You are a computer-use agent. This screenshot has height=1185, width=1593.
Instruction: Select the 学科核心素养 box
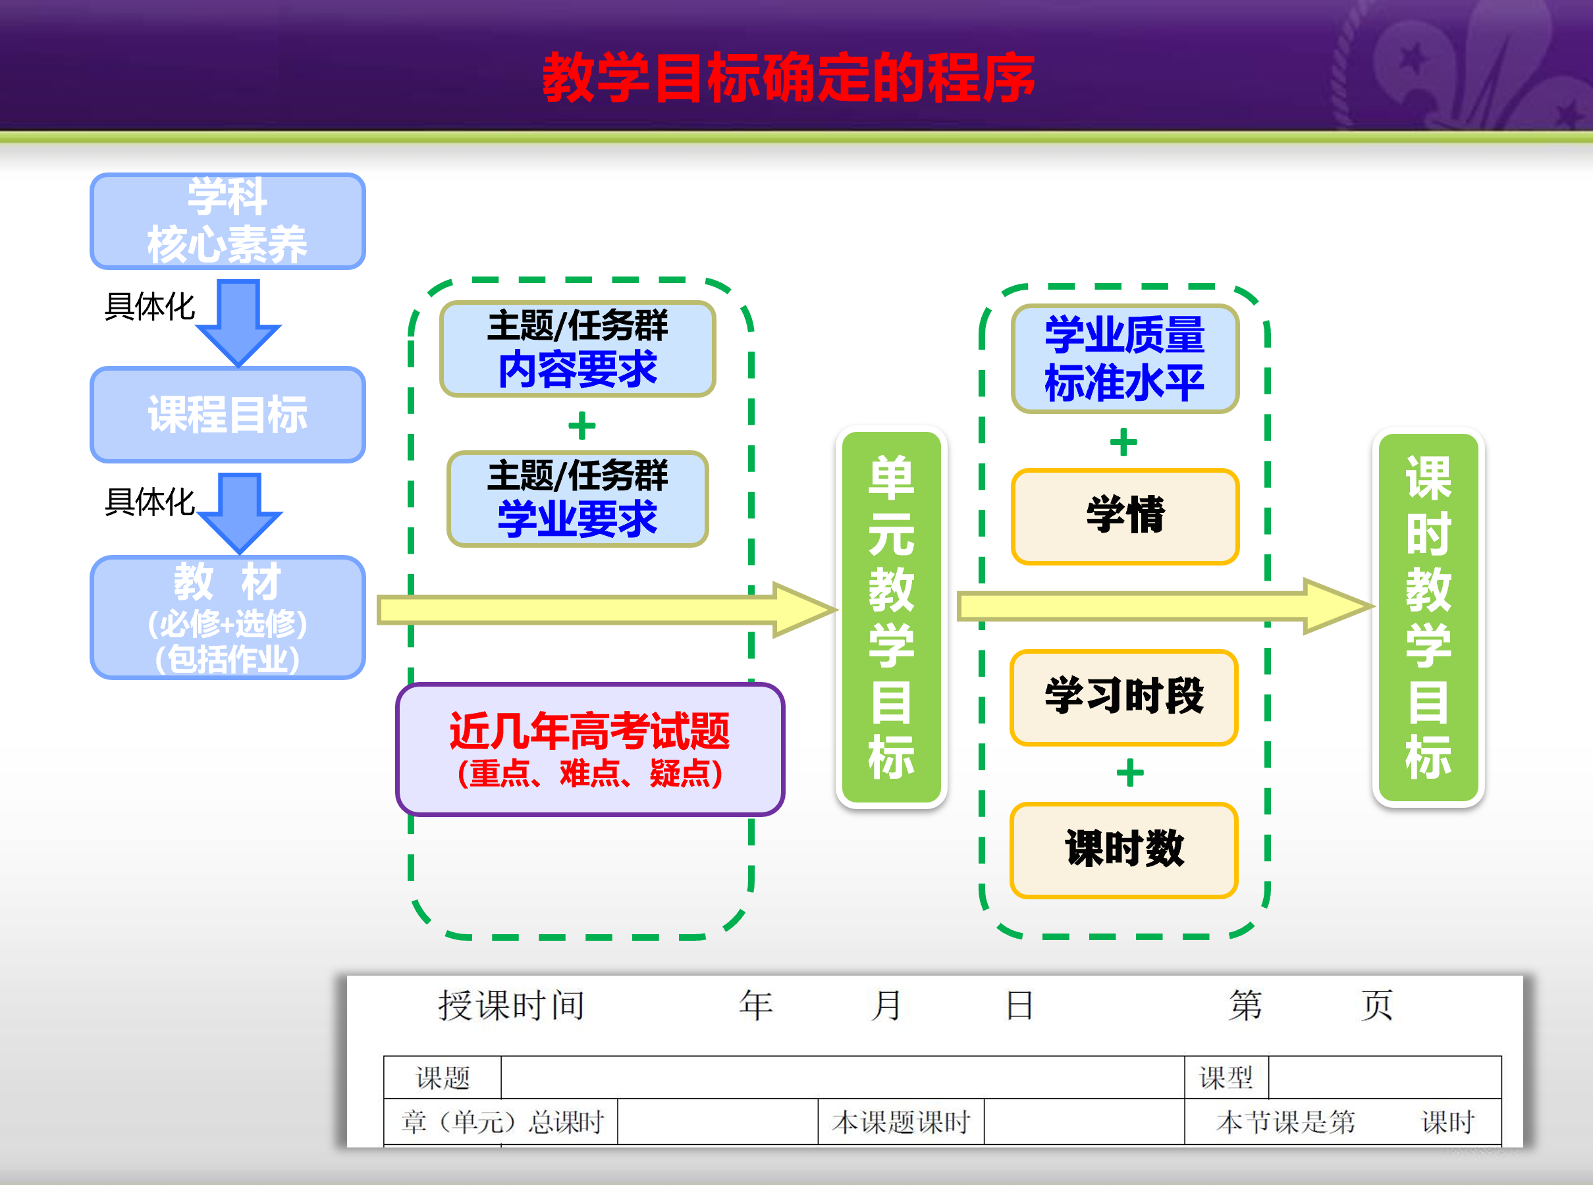[x=227, y=221]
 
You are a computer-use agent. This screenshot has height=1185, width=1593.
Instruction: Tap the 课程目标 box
[x=227, y=415]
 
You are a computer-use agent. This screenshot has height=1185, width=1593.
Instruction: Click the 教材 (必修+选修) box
[x=227, y=618]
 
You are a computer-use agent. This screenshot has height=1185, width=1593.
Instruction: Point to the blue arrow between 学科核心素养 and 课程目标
[x=238, y=323]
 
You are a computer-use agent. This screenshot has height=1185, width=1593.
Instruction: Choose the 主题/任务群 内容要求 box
[x=578, y=349]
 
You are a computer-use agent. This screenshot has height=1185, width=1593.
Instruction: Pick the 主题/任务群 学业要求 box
[x=578, y=498]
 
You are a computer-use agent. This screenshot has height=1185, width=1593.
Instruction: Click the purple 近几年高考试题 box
[x=590, y=750]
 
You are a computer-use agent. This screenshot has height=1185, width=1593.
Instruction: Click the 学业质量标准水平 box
[x=1124, y=359]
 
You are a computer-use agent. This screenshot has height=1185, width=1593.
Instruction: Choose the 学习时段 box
[x=1123, y=697]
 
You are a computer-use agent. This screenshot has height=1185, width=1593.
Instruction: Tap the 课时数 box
[x=1123, y=850]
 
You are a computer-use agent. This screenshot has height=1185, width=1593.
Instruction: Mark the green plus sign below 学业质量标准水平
[x=1123, y=442]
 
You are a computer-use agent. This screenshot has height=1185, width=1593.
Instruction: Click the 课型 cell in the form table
[x=1226, y=1078]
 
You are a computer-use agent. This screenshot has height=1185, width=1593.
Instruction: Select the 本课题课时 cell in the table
[x=902, y=1122]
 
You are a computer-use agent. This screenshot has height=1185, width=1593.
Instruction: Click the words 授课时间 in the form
[x=511, y=1005]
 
